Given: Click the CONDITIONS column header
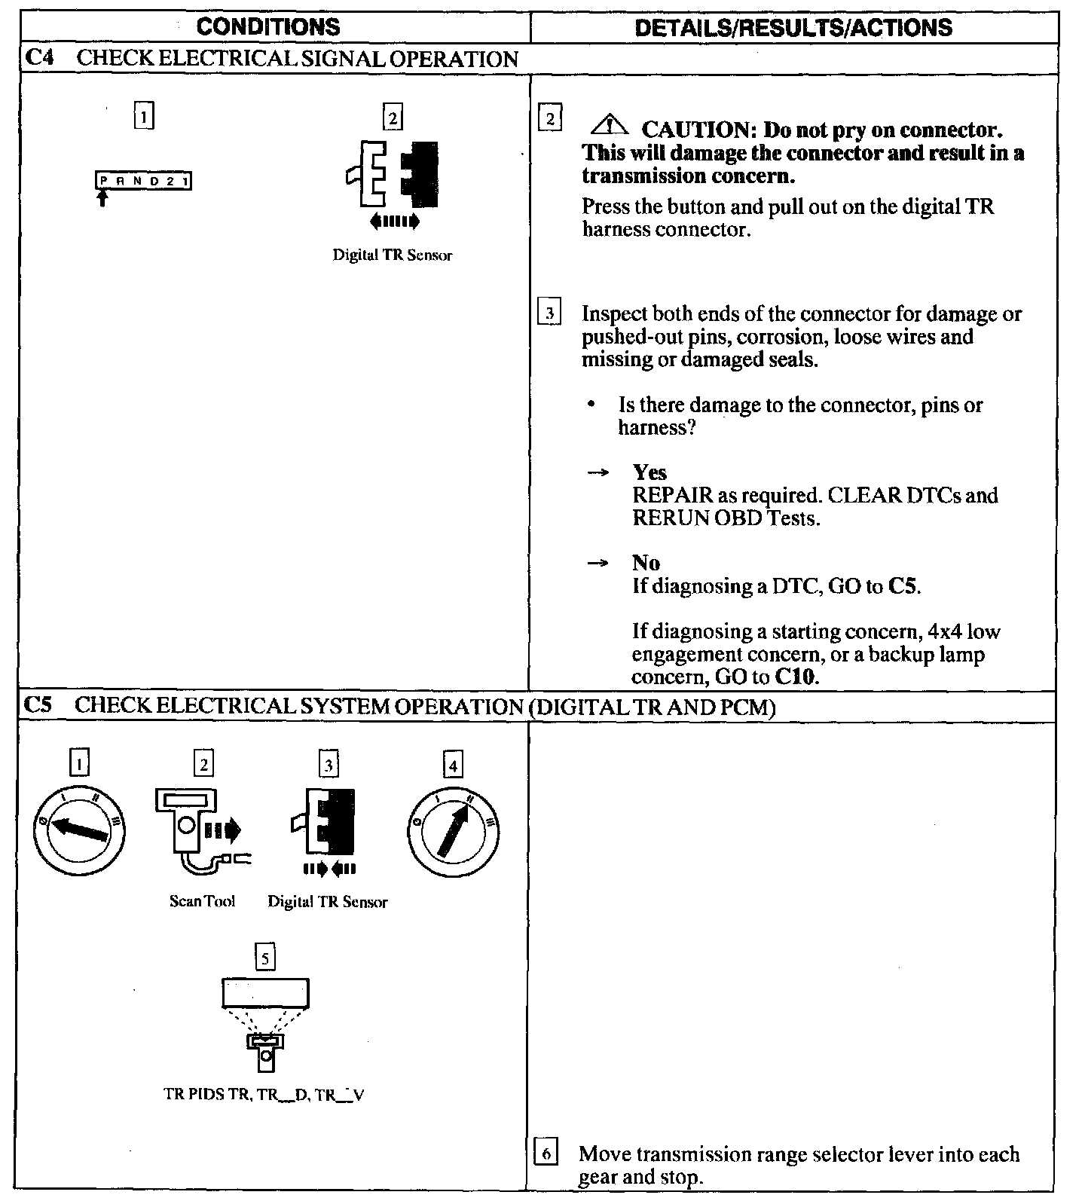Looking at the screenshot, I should [268, 28].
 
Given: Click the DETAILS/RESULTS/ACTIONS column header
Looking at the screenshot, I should [793, 28].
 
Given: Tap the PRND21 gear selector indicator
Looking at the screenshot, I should [143, 182].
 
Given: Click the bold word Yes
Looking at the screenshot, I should [649, 472].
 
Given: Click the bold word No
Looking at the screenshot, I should [646, 563].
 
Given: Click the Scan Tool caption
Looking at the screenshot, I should [202, 901].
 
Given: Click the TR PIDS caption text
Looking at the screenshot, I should [264, 1095].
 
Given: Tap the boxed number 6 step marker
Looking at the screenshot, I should [547, 1154].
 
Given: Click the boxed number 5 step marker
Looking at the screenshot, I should [264, 958].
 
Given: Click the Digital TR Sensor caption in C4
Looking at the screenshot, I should [393, 255].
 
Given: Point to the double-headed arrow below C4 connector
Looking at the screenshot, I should [393, 222].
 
